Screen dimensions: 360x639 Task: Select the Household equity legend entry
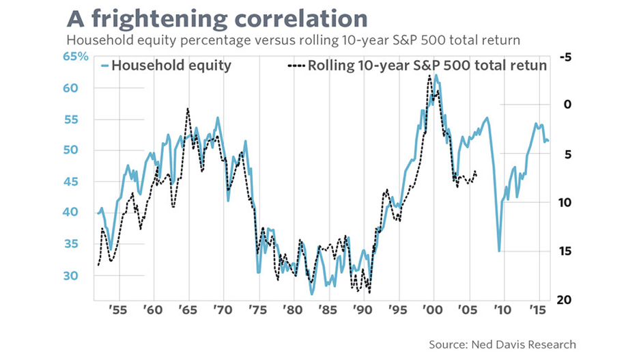point(167,66)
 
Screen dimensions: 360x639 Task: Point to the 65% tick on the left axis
point(77,56)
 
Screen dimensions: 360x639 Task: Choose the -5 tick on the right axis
point(564,58)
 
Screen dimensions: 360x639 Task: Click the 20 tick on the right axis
point(565,300)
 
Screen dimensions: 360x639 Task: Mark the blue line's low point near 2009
point(499,251)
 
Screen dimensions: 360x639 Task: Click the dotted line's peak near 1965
point(187,109)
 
